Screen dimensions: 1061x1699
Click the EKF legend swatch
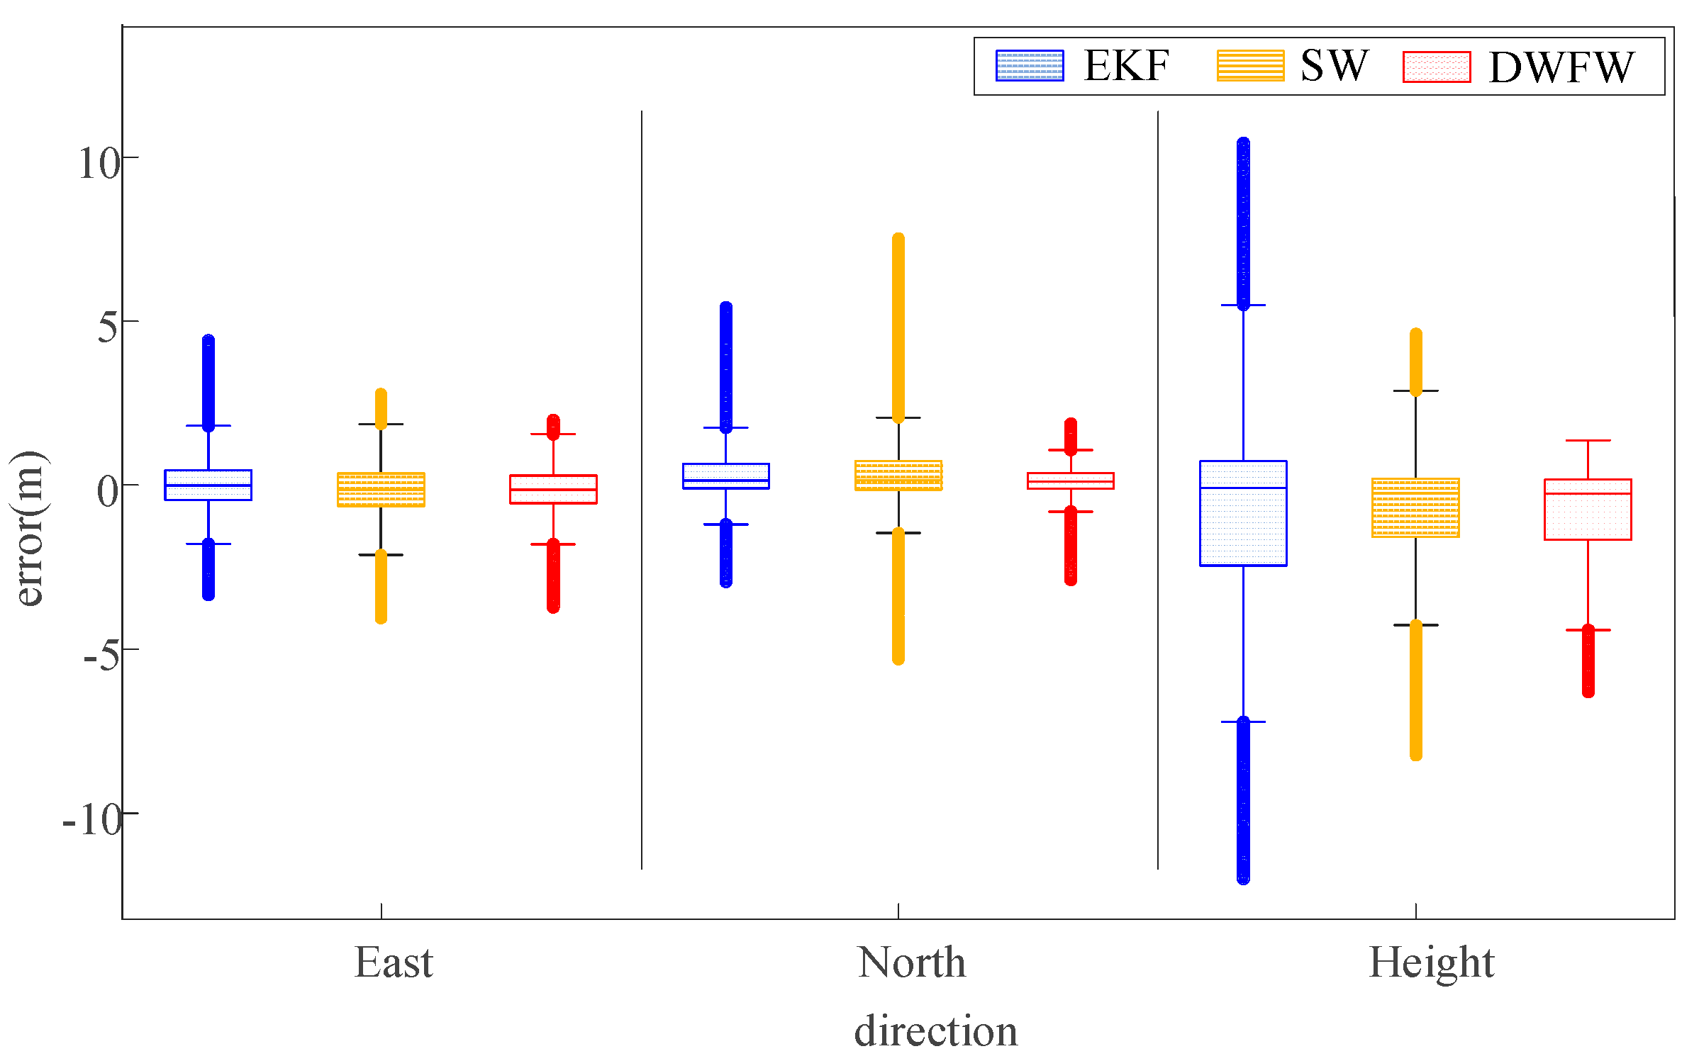(1029, 66)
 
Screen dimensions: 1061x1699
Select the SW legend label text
(1333, 66)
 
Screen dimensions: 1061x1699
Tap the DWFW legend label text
(1561, 68)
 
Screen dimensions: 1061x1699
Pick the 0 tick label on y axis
(108, 491)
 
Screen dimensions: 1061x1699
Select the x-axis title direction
(935, 1031)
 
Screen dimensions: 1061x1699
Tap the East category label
(394, 962)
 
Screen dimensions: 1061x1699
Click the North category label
(911, 962)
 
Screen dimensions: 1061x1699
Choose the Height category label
(1431, 962)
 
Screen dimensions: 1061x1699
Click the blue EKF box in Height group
(1242, 513)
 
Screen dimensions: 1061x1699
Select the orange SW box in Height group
(1415, 507)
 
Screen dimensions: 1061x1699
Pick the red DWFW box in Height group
(1588, 510)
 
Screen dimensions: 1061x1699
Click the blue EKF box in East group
(208, 485)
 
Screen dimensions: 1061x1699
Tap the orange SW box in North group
(898, 476)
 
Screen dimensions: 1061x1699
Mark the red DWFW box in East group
(553, 489)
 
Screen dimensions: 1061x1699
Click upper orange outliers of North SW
(898, 326)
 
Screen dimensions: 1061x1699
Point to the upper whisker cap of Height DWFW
(1588, 440)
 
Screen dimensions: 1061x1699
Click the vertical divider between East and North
(642, 489)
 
